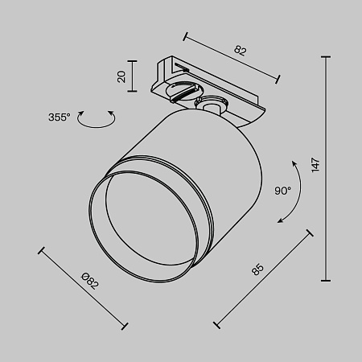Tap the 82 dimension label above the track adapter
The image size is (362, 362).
coord(240,50)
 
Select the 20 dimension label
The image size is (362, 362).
coord(121,76)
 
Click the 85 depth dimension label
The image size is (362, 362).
coord(257,268)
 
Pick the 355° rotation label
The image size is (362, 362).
coord(59,117)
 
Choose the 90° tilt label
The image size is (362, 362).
coord(282,191)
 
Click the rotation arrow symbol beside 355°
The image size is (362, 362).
coord(98,119)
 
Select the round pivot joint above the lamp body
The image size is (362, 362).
coord(212,105)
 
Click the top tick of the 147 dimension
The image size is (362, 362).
coord(327,57)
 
